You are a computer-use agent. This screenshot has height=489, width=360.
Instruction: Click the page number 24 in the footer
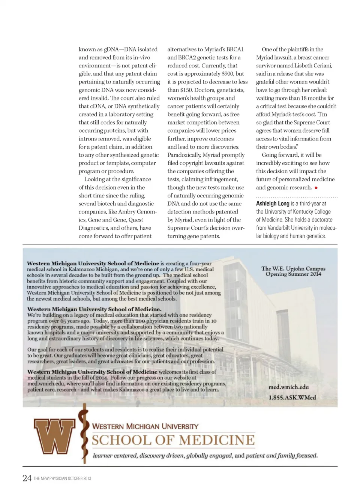27,478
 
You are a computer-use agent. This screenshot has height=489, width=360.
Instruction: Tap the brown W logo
54,436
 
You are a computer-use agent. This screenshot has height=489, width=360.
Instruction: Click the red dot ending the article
316,188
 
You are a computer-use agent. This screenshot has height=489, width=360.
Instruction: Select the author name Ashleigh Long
273,203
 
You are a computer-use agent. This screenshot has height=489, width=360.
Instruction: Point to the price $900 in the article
228,74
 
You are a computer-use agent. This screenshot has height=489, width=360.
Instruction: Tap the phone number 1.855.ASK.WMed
292,397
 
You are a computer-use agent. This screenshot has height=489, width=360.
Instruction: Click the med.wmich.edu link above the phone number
289,387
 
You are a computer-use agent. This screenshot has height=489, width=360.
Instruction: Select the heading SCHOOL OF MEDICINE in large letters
173,440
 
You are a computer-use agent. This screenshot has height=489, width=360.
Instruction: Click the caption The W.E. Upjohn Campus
293,268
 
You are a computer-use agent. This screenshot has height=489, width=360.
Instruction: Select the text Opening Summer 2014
293,274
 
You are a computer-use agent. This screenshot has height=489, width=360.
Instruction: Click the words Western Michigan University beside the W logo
145,426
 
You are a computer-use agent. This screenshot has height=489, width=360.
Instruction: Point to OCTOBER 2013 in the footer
79,479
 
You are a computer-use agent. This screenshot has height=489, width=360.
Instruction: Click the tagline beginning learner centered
205,456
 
